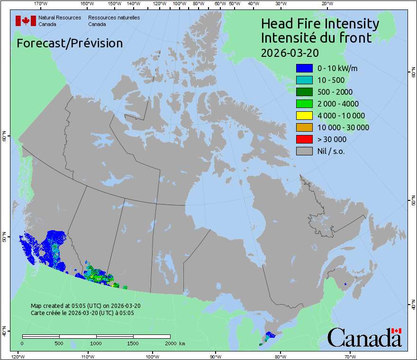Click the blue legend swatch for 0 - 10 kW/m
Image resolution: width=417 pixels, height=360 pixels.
[304, 68]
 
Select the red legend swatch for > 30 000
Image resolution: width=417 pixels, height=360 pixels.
[304, 139]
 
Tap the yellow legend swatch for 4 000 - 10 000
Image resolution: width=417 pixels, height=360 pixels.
[304, 116]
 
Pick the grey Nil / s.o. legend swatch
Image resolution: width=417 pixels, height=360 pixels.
[304, 151]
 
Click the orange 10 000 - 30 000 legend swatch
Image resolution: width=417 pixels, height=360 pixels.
[304, 127]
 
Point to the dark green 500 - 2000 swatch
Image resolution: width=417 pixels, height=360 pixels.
[304, 92]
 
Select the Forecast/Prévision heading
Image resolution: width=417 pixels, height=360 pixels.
[70, 43]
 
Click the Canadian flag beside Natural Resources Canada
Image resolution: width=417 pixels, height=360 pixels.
[26, 21]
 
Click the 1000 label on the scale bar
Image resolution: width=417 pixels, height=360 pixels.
[96, 343]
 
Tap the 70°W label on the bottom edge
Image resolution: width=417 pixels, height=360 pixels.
[350, 356]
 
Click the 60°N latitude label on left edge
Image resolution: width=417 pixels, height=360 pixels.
[4, 138]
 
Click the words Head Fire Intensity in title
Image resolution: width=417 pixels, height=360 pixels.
[320, 24]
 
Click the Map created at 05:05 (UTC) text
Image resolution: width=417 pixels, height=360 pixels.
[85, 306]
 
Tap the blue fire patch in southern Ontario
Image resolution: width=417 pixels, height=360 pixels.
[270, 335]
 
